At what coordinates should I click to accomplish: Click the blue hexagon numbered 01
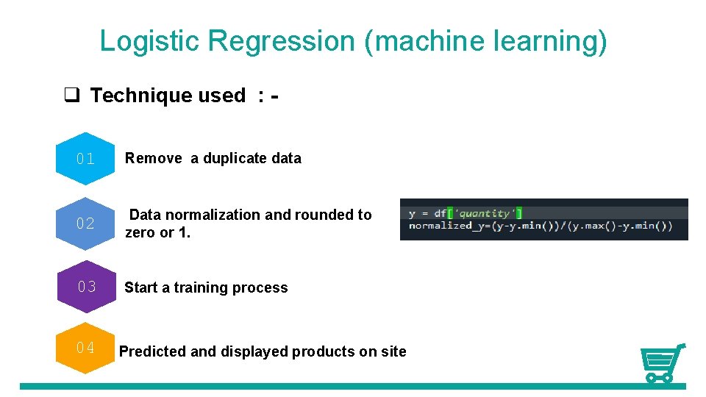coord(85,158)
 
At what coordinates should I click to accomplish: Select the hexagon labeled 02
coord(85,223)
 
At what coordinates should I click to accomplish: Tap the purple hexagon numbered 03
coord(87,287)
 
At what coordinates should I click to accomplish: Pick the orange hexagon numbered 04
coord(85,348)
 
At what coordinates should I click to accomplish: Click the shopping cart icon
coord(662,363)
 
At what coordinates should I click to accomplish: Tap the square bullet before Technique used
coord(71,96)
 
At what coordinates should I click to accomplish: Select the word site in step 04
coord(393,351)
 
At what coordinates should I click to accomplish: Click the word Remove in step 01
coord(154,158)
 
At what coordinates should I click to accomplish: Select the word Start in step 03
coord(140,287)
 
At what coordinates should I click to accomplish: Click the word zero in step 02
coord(140,233)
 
